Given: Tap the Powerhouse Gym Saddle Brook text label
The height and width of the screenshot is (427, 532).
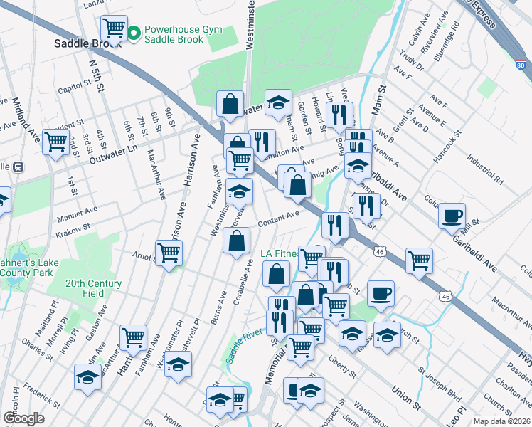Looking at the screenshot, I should (183, 35).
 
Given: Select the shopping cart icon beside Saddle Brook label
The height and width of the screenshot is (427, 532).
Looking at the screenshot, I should (114, 29).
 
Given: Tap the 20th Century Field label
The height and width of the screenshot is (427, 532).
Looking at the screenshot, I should (93, 288).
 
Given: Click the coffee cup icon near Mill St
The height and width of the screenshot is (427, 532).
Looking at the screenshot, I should (452, 216).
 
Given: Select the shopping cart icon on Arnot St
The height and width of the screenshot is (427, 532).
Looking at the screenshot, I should (169, 252).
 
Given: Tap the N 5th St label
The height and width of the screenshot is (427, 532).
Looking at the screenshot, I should (95, 75).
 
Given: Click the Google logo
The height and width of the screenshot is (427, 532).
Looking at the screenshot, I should (23, 418).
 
